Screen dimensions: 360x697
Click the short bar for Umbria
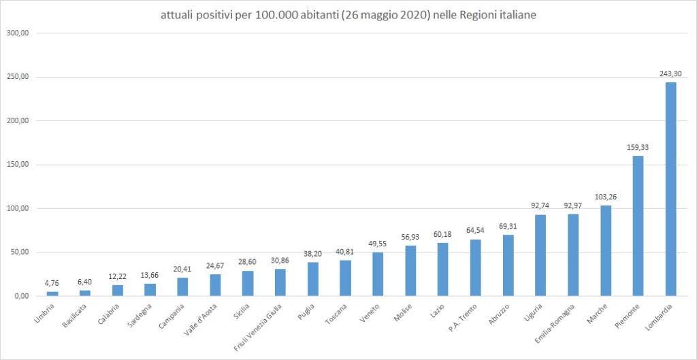coord(52,293)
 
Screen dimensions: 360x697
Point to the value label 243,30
coord(670,74)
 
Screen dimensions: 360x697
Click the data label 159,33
coord(638,147)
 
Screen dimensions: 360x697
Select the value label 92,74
coord(541,206)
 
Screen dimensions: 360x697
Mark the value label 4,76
coord(52,282)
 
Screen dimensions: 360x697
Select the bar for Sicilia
coord(248,283)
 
